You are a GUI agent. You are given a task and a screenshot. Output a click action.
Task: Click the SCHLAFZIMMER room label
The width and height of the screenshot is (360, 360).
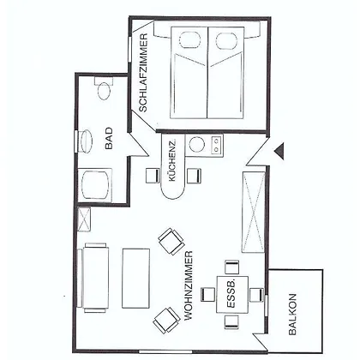143,73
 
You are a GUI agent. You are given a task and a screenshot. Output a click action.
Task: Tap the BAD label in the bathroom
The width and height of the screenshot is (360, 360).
109,138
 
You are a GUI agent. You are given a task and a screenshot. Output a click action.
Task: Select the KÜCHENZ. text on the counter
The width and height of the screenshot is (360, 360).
172,160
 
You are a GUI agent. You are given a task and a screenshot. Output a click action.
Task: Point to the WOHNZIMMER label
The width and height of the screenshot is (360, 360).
189,285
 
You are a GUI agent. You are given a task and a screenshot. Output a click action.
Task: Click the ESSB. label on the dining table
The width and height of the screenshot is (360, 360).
231,294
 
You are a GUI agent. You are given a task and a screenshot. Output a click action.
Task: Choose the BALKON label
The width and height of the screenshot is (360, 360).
292,315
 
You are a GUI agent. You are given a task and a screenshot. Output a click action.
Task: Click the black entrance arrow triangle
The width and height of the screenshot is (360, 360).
279,151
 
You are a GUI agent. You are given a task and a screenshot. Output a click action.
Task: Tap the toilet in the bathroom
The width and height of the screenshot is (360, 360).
104,88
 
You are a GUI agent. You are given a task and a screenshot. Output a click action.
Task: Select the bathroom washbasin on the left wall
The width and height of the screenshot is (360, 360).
85,141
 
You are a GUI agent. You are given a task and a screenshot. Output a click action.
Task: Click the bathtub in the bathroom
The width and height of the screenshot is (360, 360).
95,185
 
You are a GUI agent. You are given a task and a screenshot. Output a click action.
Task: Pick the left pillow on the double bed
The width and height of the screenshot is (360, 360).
189,40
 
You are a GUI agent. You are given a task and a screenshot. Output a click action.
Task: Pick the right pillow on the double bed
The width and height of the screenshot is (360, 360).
226,41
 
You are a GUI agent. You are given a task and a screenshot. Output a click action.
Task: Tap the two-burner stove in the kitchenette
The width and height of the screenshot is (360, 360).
216,146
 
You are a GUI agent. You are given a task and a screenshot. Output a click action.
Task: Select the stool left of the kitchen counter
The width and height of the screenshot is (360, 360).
153,176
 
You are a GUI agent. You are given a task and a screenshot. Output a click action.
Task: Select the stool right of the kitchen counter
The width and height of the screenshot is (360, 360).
194,176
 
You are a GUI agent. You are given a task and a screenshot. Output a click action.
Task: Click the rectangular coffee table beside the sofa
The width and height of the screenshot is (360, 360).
136,279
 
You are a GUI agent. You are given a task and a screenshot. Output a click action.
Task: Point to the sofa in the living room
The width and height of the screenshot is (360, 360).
93,278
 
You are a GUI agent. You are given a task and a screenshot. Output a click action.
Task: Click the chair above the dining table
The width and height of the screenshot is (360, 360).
231,267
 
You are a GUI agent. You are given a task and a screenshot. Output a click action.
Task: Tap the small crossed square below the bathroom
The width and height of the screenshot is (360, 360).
84,219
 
